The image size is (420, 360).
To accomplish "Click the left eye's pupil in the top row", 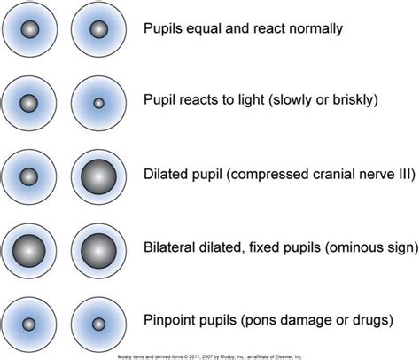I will pyautogui.click(x=30, y=30).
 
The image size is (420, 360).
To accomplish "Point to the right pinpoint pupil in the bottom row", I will pyautogui.click(x=97, y=323).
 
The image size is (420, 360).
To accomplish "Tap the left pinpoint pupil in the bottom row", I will pyautogui.click(x=30, y=323).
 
